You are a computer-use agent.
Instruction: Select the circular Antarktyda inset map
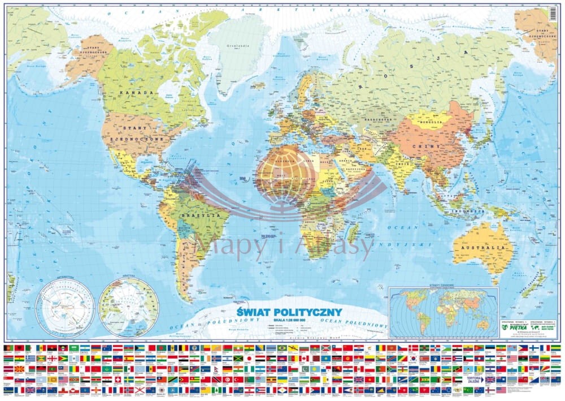(x=65, y=309)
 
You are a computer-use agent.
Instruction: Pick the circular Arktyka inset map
(x=128, y=308)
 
